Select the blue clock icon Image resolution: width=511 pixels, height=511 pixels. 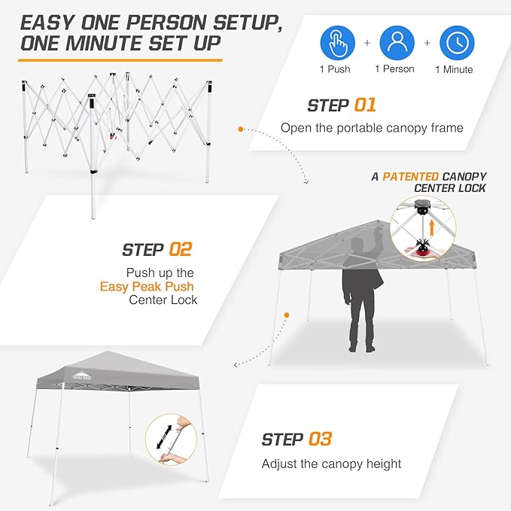(x=456, y=44)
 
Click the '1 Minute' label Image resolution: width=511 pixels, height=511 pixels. (x=454, y=70)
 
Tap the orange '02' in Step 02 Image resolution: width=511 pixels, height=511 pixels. (x=181, y=249)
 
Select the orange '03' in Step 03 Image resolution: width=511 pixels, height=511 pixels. (x=320, y=439)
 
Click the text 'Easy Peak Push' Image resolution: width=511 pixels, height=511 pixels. (x=147, y=287)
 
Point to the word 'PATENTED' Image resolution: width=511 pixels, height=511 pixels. (x=411, y=176)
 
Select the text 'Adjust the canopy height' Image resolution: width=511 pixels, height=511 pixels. (x=331, y=464)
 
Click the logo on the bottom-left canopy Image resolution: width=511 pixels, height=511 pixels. (x=79, y=373)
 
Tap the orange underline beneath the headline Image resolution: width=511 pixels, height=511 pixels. (x=120, y=57)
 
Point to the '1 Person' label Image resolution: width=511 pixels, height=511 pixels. (x=396, y=70)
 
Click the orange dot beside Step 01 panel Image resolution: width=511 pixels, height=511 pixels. (x=241, y=129)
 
